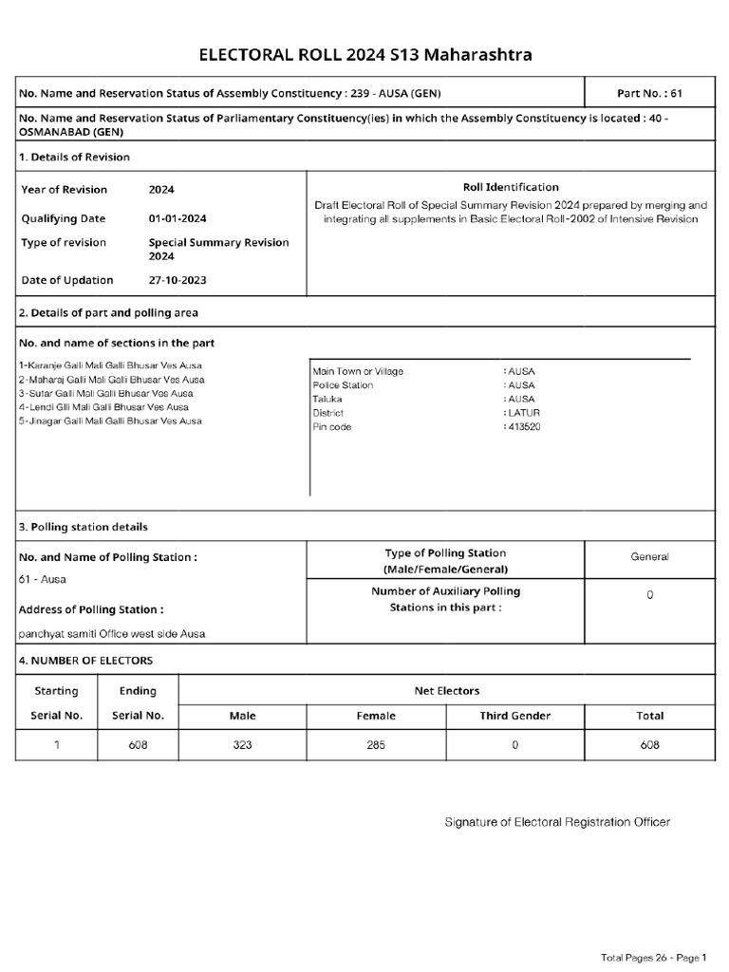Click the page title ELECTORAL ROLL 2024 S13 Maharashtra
pos(364,55)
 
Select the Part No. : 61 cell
pos(649,93)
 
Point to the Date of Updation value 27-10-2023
pos(178,280)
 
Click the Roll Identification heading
pos(511,187)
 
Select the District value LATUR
pos(521,413)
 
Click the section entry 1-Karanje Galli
pos(110,365)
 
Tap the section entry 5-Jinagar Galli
pos(110,421)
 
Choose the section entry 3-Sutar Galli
pos(105,393)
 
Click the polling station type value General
pos(649,557)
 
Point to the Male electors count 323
pos(242,745)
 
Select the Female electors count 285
pos(375,745)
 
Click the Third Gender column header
pos(514,716)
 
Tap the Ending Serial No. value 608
pos(138,745)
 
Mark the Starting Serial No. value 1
pos(56,745)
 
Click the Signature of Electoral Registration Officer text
pos(557,821)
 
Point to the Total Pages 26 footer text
pos(654,956)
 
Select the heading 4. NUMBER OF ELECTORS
pos(85,660)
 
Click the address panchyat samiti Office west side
pos(112,633)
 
